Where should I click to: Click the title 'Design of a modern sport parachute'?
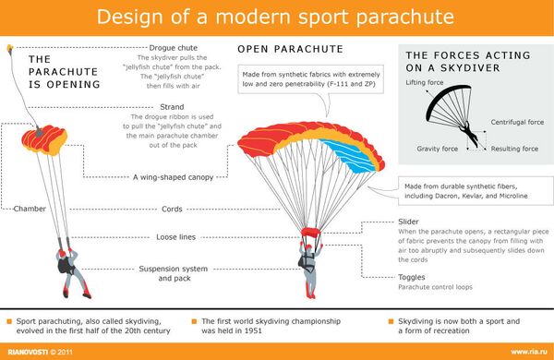[x=276, y=17]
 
